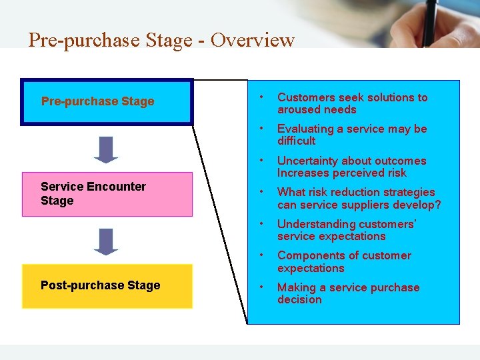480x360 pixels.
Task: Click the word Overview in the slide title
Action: point(253,40)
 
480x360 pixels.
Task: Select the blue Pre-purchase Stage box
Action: point(107,102)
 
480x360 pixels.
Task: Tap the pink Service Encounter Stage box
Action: point(107,194)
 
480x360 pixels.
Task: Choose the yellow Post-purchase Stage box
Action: point(107,286)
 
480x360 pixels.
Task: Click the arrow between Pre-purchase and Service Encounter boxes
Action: point(106,149)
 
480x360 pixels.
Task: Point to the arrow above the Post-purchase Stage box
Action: point(106,241)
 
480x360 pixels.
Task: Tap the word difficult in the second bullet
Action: point(296,141)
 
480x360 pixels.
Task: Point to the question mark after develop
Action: point(437,205)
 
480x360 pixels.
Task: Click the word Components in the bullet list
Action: point(309,255)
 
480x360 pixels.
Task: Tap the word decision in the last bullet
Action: point(299,299)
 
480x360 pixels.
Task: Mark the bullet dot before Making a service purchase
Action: point(263,287)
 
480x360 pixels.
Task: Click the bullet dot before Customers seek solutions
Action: point(263,97)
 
